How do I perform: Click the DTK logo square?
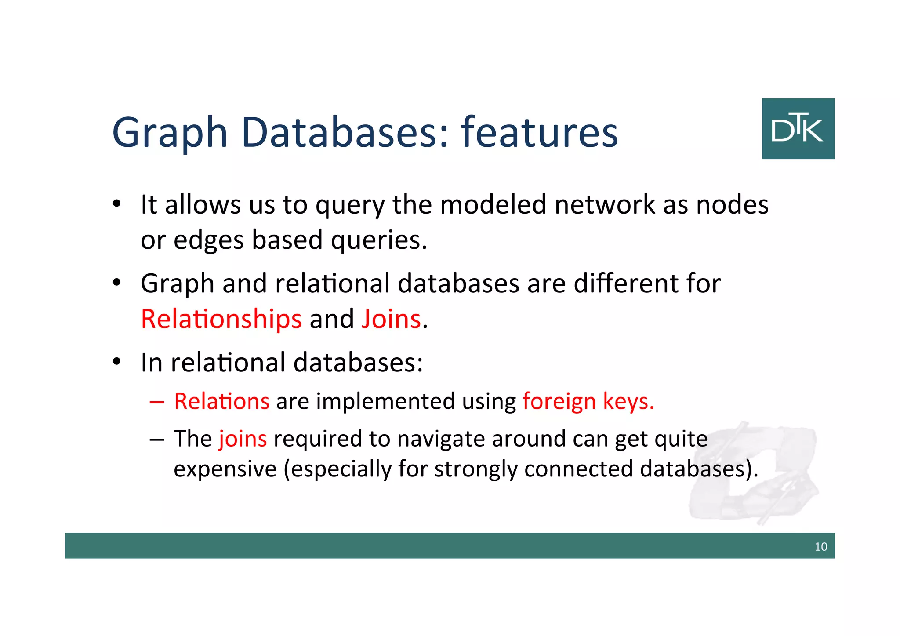point(798,129)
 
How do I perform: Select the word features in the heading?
point(539,132)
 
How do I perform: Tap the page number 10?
point(820,547)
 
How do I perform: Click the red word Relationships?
point(221,319)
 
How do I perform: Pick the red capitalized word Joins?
point(391,319)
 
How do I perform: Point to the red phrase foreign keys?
point(588,402)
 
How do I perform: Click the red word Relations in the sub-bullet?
point(221,402)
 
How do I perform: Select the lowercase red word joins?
point(243,439)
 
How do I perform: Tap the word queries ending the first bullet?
point(378,241)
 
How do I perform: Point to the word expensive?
point(225,469)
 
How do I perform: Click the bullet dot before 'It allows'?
point(116,204)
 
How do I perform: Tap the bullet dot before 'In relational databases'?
point(116,362)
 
